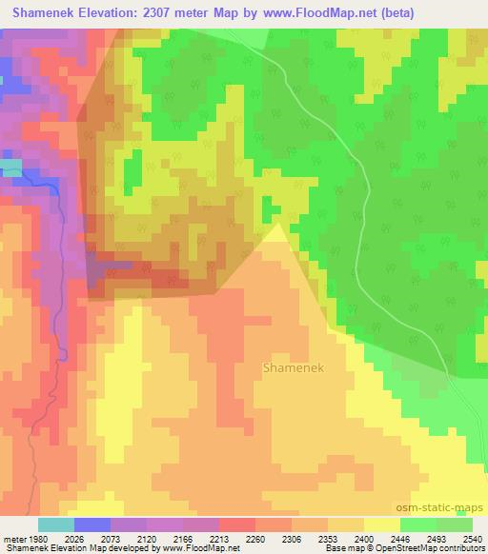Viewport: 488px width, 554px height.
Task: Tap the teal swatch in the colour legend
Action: [55, 524]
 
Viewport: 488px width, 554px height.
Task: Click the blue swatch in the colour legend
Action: [91, 524]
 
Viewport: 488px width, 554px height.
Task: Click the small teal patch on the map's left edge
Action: [10, 168]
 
